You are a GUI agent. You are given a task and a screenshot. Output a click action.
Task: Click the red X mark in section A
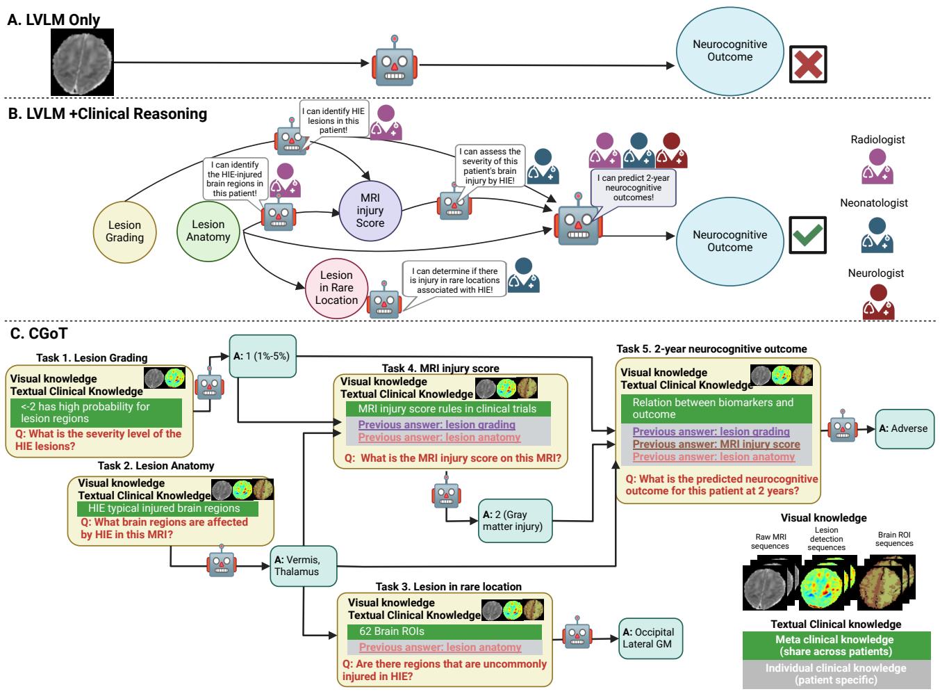tap(808, 65)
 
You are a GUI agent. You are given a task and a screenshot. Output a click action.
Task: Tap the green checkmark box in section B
tap(808, 235)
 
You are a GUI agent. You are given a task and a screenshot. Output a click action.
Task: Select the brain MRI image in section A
tap(83, 62)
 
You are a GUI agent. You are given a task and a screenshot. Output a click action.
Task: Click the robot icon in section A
tap(395, 63)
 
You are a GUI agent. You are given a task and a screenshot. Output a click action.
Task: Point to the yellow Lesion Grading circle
tap(125, 231)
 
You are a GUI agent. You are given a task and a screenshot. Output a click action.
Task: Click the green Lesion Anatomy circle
tap(208, 230)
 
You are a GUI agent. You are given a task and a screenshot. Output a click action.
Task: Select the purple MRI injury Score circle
tap(370, 211)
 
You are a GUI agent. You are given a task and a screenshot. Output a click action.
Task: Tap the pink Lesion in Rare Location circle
tap(336, 287)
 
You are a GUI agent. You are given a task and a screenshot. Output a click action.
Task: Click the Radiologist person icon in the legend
tap(877, 167)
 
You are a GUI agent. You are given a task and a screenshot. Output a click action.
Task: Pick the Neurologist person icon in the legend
tap(877, 302)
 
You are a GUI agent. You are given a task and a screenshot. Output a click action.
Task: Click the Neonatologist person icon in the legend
tap(877, 234)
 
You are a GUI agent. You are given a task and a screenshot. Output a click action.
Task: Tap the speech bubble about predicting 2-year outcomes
tap(633, 188)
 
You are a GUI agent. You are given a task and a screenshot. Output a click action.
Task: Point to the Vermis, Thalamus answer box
tap(303, 565)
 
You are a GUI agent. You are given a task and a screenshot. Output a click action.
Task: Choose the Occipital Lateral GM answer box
tap(651, 638)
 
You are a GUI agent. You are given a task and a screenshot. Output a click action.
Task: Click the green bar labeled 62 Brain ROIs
tap(444, 632)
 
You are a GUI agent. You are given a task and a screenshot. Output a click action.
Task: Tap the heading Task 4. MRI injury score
tap(440, 368)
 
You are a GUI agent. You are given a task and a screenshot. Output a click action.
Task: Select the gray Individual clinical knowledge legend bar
tap(836, 674)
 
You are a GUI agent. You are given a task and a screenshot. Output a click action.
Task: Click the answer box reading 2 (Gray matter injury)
tap(515, 521)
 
